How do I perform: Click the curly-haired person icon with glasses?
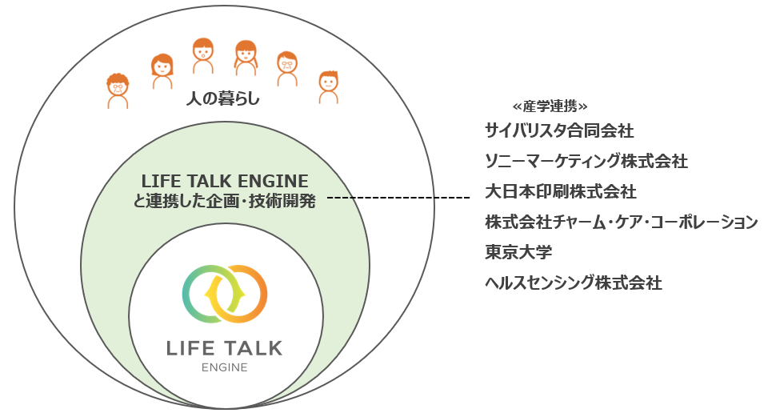pos(118,90)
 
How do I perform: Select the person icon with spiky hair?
pos(328,86)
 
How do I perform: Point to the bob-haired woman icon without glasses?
pos(162,70)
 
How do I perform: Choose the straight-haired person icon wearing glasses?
pos(287,68)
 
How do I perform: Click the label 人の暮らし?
pos(223,101)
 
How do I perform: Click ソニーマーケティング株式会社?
pos(586,160)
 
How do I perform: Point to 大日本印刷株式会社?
pos(561,191)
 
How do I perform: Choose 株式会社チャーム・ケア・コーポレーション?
pos(622,222)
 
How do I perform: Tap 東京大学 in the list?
pos(518,252)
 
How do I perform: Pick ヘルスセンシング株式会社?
pos(574,283)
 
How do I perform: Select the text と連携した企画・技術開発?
pos(225,202)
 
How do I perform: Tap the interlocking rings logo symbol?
pos(225,293)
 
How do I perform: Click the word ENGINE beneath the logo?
pos(224,368)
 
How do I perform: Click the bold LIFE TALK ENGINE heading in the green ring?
pos(225,181)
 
